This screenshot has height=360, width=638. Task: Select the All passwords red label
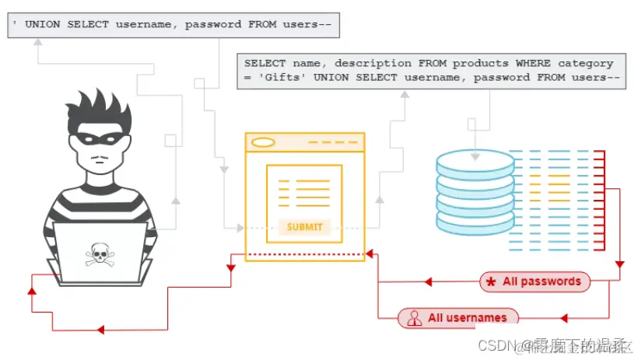[x=535, y=281]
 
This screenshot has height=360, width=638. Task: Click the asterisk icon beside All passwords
[x=491, y=282]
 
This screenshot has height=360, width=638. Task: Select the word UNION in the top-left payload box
[x=44, y=24]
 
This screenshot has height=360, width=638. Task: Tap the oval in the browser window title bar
[x=264, y=142]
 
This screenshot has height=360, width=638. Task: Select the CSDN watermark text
[x=498, y=344]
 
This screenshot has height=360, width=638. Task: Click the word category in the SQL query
[x=584, y=63]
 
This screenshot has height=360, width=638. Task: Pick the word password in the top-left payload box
[x=215, y=24]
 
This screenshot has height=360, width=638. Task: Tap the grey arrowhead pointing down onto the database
[x=475, y=156]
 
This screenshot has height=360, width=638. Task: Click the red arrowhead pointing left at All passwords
[x=427, y=281]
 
